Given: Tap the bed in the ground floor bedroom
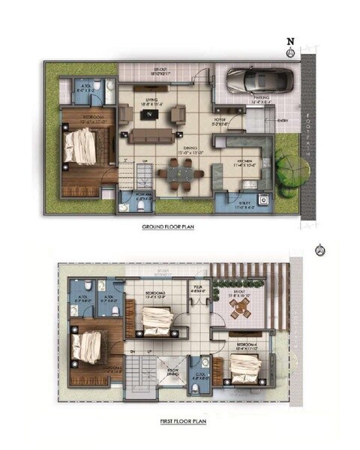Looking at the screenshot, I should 81,145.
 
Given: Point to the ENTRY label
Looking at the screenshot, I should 282,121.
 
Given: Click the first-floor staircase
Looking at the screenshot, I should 138,373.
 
